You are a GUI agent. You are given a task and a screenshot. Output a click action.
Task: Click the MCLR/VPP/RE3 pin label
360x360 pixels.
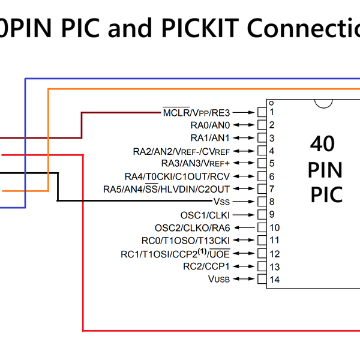click(196, 112)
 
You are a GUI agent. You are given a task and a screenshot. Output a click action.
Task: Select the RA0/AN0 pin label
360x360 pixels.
click(210, 125)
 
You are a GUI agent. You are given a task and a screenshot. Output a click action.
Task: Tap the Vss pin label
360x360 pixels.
click(221, 202)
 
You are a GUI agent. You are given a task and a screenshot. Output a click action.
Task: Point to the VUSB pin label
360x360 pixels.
click(219, 279)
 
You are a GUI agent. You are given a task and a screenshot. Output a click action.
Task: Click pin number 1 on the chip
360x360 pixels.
click(272, 112)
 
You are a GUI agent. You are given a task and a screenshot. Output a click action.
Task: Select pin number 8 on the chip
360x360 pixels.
click(272, 202)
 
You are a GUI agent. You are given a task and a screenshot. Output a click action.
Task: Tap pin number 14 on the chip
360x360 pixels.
click(274, 280)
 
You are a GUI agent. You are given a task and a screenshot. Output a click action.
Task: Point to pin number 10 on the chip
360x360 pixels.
click(274, 228)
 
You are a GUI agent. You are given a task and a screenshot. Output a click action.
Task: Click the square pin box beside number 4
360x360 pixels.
click(261, 151)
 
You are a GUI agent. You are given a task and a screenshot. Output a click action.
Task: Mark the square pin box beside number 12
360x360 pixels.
click(261, 254)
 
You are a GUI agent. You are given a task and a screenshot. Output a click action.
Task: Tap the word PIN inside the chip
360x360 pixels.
click(325, 170)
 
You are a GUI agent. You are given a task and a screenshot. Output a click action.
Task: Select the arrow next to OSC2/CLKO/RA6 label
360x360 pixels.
click(247, 228)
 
